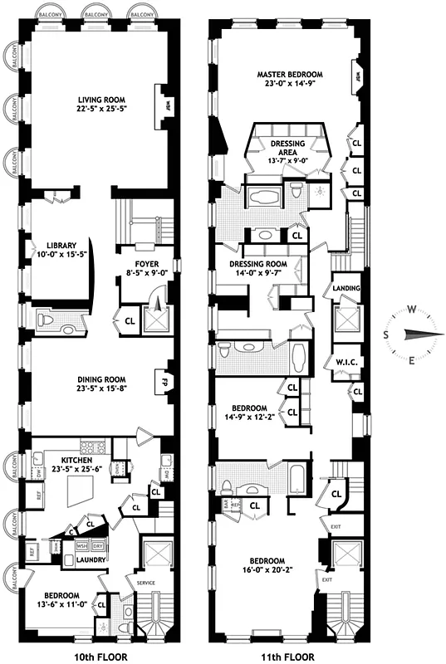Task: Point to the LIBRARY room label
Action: [x=61, y=246]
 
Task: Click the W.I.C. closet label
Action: [x=346, y=361]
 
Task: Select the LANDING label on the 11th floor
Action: [x=346, y=288]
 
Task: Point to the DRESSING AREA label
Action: [x=287, y=144]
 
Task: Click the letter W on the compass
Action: [x=412, y=309]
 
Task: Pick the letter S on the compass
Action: [x=385, y=334]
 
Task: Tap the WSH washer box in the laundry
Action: [x=81, y=547]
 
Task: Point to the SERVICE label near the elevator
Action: [x=145, y=583]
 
